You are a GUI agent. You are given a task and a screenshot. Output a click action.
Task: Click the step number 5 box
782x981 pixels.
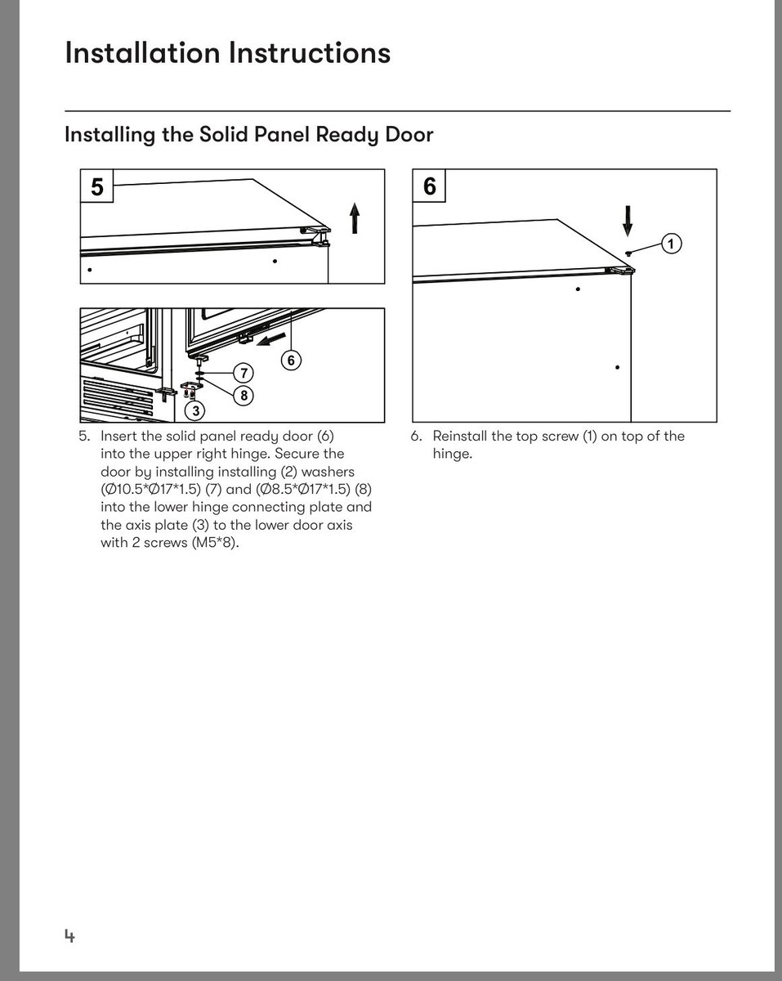pos(96,186)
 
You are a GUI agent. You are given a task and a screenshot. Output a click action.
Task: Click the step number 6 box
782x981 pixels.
pos(429,186)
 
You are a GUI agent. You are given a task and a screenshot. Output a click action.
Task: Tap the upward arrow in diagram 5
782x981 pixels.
pos(355,218)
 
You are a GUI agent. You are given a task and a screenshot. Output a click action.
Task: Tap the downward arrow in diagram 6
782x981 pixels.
pos(628,221)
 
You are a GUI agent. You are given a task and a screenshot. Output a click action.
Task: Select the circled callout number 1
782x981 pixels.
pos(671,244)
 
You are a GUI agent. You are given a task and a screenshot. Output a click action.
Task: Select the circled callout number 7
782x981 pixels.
pos(244,374)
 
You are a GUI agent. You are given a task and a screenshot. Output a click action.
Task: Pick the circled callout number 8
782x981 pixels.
pos(244,395)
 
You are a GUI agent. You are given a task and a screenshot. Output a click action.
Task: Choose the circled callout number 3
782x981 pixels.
pos(195,411)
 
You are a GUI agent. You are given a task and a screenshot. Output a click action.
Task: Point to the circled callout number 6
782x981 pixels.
pos(291,361)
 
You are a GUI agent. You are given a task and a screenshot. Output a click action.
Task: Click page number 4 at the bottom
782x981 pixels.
pos(69,936)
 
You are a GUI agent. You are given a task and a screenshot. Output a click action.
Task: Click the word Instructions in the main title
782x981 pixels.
pos(310,53)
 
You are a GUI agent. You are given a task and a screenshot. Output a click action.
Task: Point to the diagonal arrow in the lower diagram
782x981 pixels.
pos(270,339)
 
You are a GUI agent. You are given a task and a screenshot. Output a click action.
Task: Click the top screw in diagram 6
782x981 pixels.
pos(628,253)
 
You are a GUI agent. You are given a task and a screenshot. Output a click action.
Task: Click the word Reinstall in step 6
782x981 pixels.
pos(459,437)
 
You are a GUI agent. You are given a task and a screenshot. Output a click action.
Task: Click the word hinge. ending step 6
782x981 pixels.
pos(453,454)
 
